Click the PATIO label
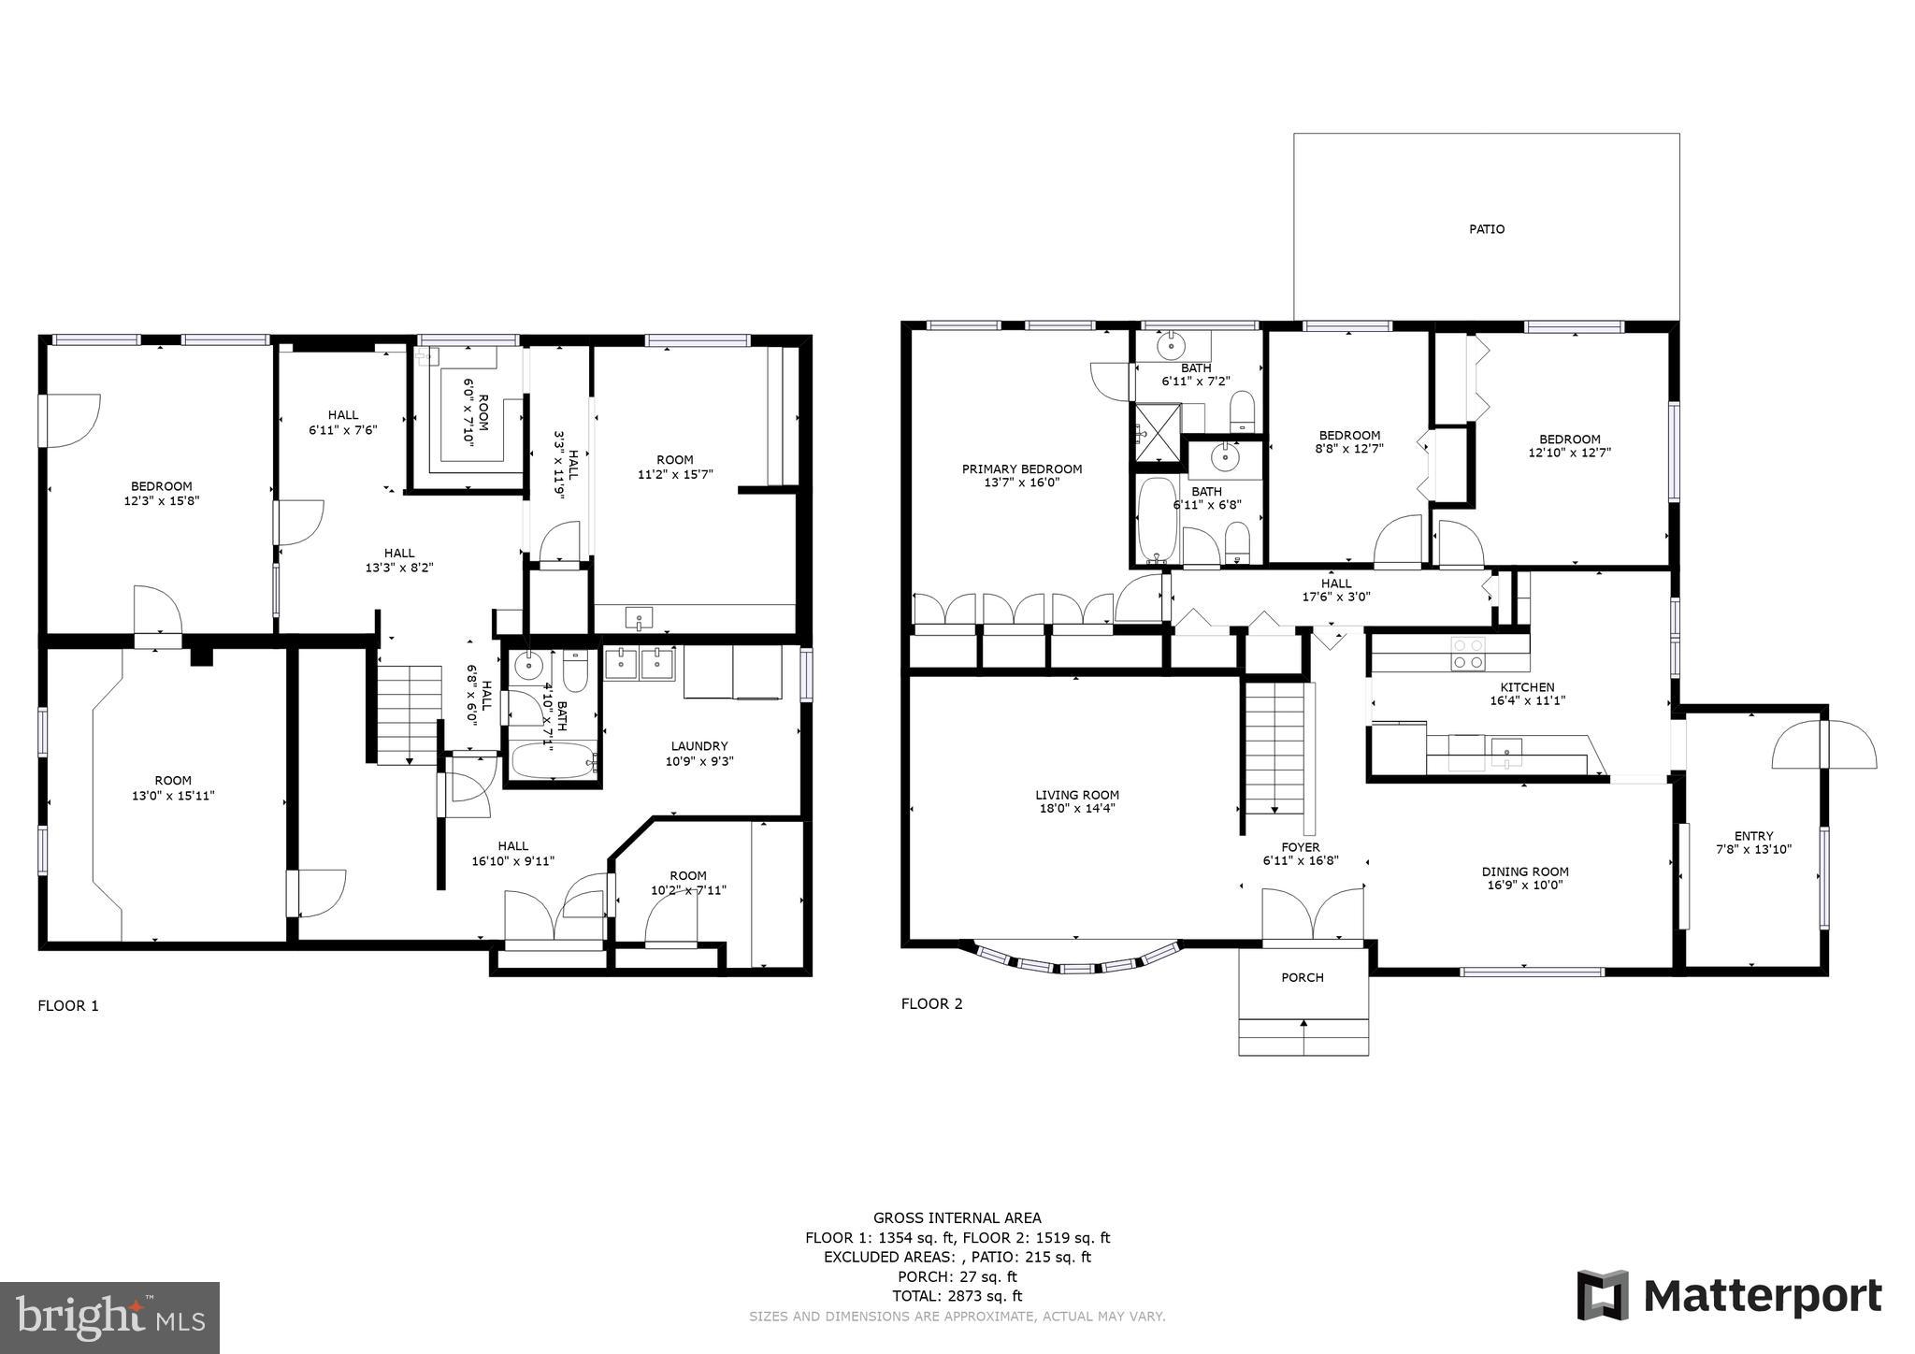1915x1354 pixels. [x=1486, y=229]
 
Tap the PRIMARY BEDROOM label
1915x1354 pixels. [x=1022, y=469]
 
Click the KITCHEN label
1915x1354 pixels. [x=1527, y=687]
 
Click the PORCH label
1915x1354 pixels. [x=1302, y=978]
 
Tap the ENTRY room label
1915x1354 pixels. [x=1753, y=837]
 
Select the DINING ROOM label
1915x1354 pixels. [x=1525, y=871]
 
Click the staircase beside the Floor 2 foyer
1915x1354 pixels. [x=1274, y=748]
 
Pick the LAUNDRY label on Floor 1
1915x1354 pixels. [x=698, y=746]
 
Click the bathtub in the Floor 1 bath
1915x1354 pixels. [x=553, y=760]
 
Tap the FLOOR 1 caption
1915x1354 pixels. [x=67, y=1006]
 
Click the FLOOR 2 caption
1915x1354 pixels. [x=931, y=1004]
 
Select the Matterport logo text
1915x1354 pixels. [x=1762, y=1297]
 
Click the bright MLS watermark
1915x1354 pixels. [x=109, y=1318]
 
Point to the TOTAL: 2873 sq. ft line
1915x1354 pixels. [x=957, y=1296]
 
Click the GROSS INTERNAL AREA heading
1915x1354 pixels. [x=957, y=1217]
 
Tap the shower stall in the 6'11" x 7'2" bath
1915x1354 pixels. [x=1158, y=433]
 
